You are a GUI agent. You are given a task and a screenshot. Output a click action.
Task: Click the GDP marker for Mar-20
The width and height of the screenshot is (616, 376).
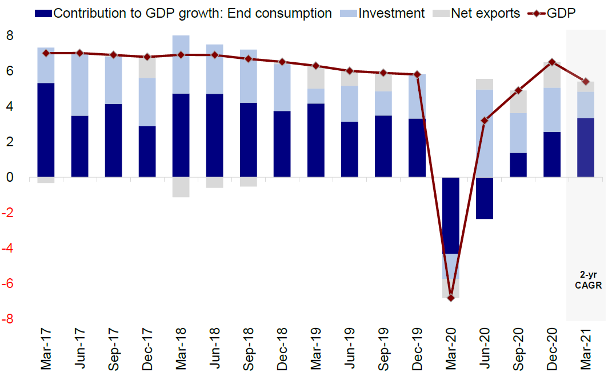tap(450, 298)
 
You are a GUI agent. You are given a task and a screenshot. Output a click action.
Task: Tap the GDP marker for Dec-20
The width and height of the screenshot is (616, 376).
tap(552, 62)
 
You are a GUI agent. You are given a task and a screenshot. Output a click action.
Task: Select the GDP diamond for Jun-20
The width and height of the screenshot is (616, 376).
tap(484, 121)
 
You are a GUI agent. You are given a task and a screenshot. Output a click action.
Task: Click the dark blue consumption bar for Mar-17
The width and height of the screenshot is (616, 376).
tap(46, 130)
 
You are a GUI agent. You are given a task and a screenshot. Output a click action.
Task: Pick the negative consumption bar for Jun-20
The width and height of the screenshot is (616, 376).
tap(484, 198)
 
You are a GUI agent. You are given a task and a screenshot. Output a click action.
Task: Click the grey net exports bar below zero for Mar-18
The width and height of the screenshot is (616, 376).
tap(181, 187)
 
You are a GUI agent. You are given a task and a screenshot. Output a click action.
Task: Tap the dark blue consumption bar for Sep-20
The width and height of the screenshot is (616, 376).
tap(518, 165)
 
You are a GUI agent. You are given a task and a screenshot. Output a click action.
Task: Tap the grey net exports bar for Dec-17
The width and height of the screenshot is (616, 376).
tap(147, 67)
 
